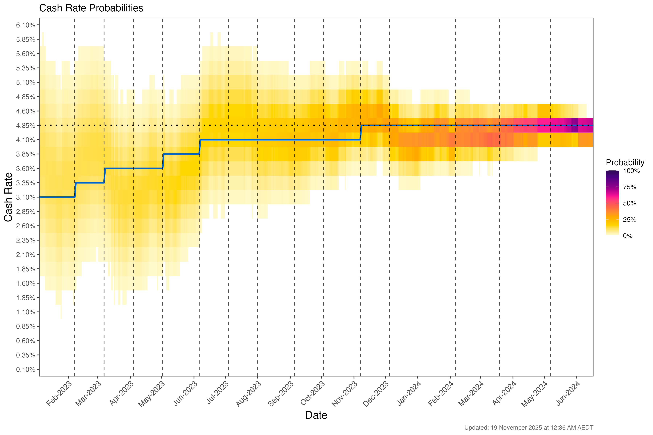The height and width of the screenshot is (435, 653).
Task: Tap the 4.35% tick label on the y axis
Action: coord(26,126)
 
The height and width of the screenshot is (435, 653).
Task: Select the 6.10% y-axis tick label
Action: coord(26,25)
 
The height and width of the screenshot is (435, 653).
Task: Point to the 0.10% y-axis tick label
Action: coord(26,370)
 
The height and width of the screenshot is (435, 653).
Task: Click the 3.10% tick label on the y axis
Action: coord(26,197)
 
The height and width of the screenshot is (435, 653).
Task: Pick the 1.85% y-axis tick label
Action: coord(26,269)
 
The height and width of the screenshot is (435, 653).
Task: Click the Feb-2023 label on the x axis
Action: coord(59,394)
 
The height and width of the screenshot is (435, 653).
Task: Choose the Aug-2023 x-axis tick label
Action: coord(249,394)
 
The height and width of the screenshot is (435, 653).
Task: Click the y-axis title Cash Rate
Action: coord(8,197)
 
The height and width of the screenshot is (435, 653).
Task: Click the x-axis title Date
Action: coord(316,415)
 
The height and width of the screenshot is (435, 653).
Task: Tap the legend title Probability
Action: coord(625,163)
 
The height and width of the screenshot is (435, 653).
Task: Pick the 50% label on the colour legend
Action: coord(629,203)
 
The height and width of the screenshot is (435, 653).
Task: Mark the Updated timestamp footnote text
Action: coord(529,428)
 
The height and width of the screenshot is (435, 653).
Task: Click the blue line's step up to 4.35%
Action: coord(361,133)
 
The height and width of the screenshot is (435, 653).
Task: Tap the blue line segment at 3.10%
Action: coord(57,197)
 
